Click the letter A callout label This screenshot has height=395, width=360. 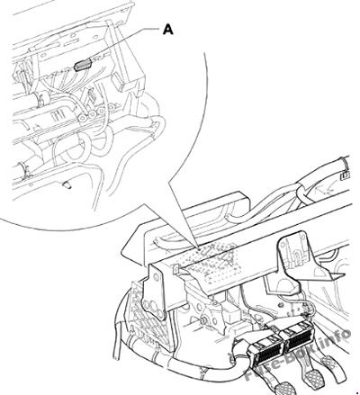pyautogui.click(x=168, y=30)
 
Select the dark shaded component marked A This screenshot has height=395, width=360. pyautogui.click(x=83, y=65)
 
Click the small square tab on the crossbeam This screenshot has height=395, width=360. pyautogui.click(x=176, y=268)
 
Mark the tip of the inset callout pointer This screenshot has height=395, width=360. pyautogui.click(x=198, y=248)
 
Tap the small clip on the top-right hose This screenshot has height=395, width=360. pyautogui.click(x=345, y=175)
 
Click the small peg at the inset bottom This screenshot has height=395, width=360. pyautogui.click(x=67, y=185)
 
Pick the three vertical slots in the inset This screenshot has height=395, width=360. pyautogui.click(x=58, y=115)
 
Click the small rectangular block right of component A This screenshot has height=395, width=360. pyautogui.click(x=120, y=82)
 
